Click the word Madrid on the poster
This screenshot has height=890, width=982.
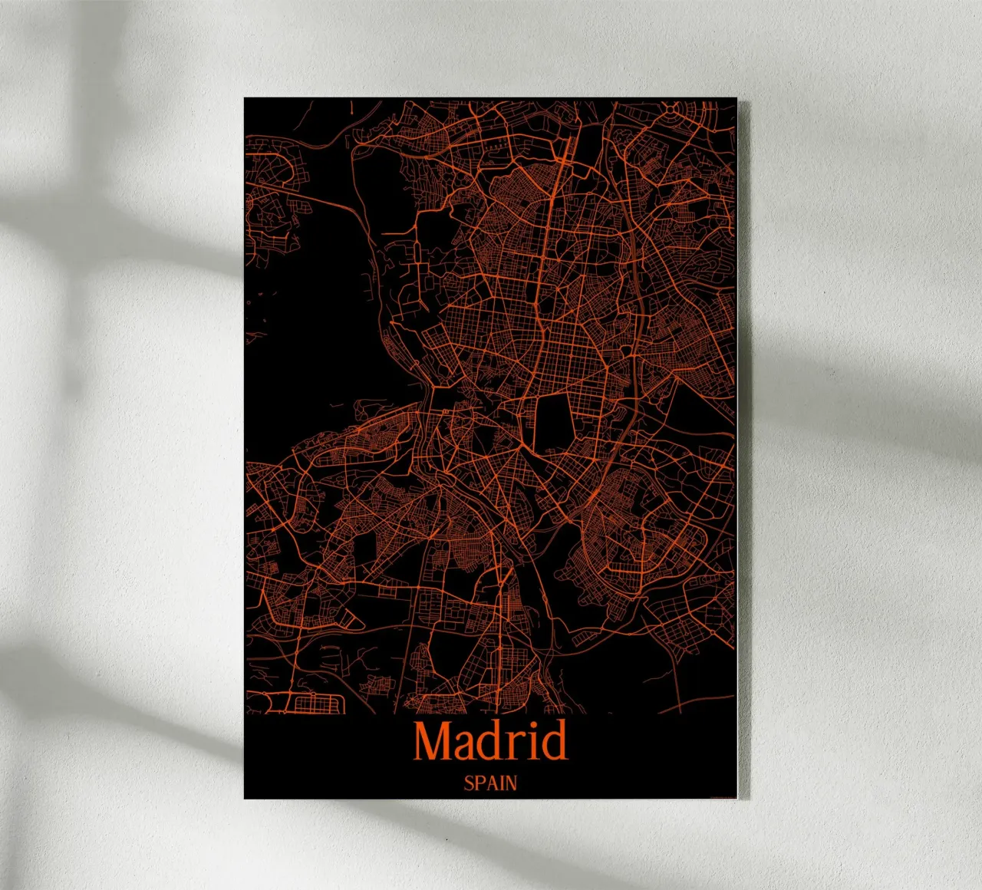click(x=490, y=740)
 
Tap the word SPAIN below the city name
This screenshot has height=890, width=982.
click(x=490, y=783)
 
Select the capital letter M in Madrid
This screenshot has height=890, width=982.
click(x=433, y=741)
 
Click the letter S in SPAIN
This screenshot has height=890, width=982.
click(x=468, y=783)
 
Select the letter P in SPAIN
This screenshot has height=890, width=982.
click(x=479, y=783)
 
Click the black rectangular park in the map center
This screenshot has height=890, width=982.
click(x=552, y=422)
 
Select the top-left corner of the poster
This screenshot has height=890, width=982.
click(x=245, y=99)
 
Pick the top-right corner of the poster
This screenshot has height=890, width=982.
click(x=736, y=99)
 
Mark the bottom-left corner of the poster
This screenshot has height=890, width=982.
click(x=245, y=798)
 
